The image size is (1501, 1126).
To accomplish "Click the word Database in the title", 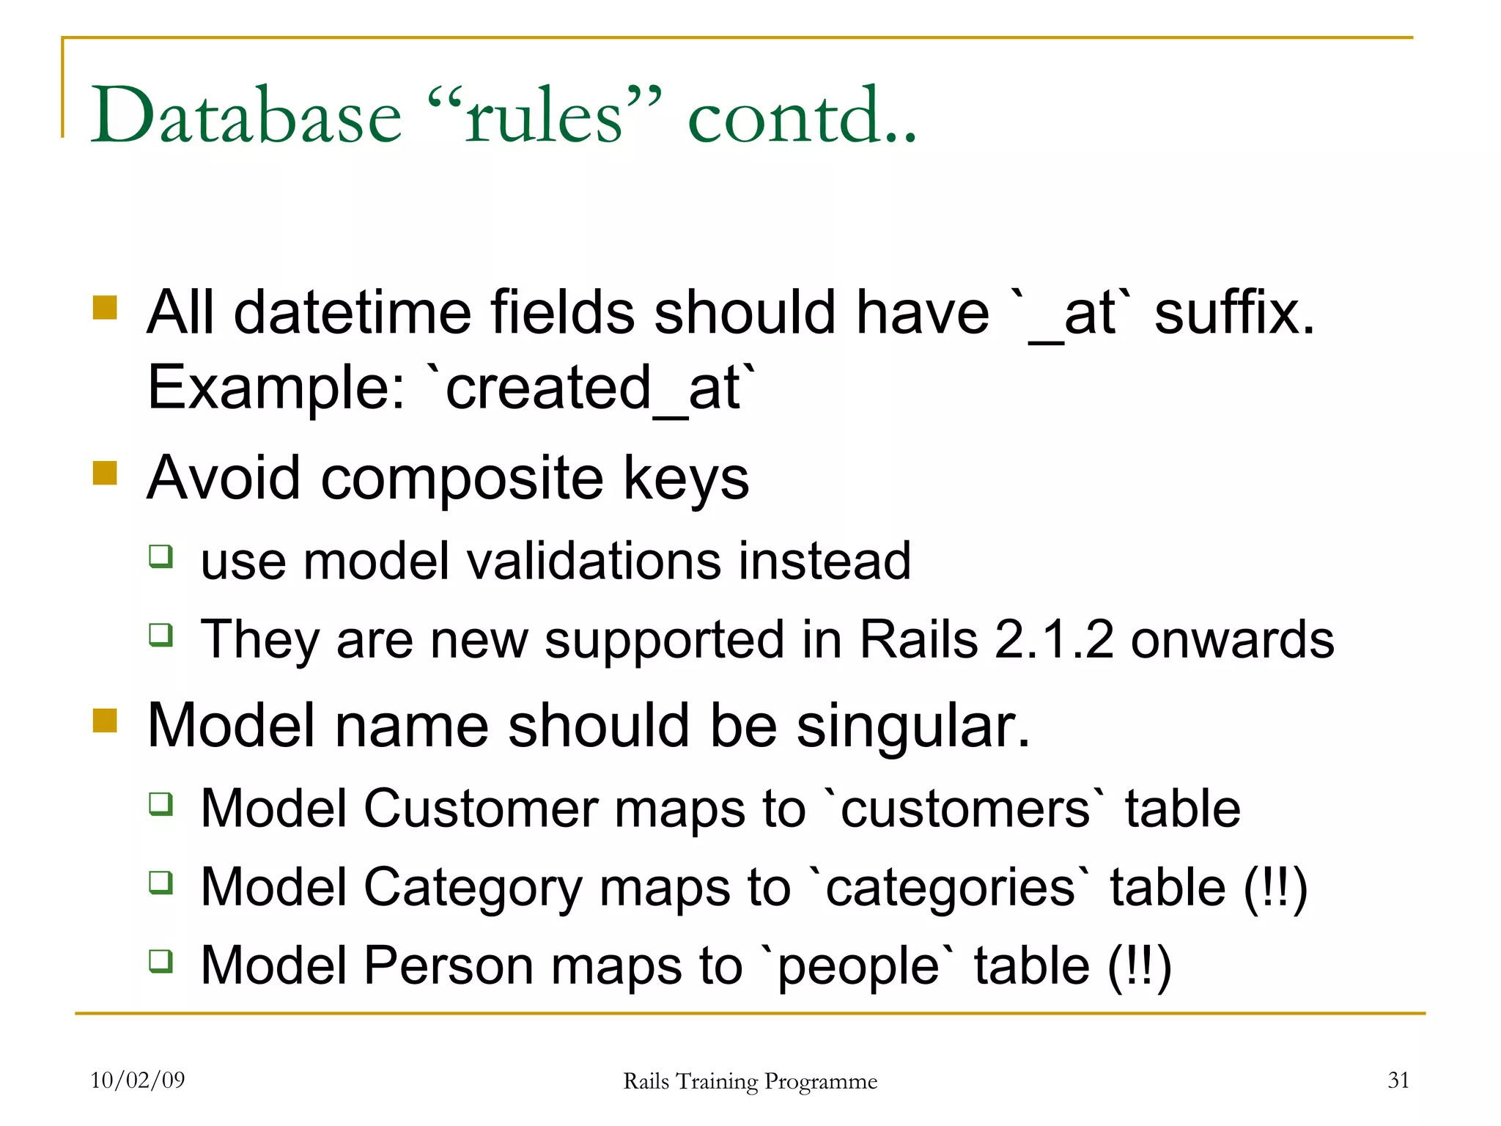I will (x=246, y=116).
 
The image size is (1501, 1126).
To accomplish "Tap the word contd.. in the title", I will (x=802, y=116).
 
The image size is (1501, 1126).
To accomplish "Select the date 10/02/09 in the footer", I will (x=137, y=1080).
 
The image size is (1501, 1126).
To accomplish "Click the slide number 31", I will (x=1398, y=1080).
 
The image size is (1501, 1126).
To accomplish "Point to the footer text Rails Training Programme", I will (x=750, y=1081).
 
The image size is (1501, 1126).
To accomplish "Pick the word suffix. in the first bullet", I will (x=1234, y=312).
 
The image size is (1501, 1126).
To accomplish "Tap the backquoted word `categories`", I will (x=950, y=887).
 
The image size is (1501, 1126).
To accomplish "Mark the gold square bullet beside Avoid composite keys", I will (x=106, y=474).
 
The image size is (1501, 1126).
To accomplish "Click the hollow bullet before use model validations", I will (x=161, y=556).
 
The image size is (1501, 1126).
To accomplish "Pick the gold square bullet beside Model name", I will (x=106, y=721).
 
